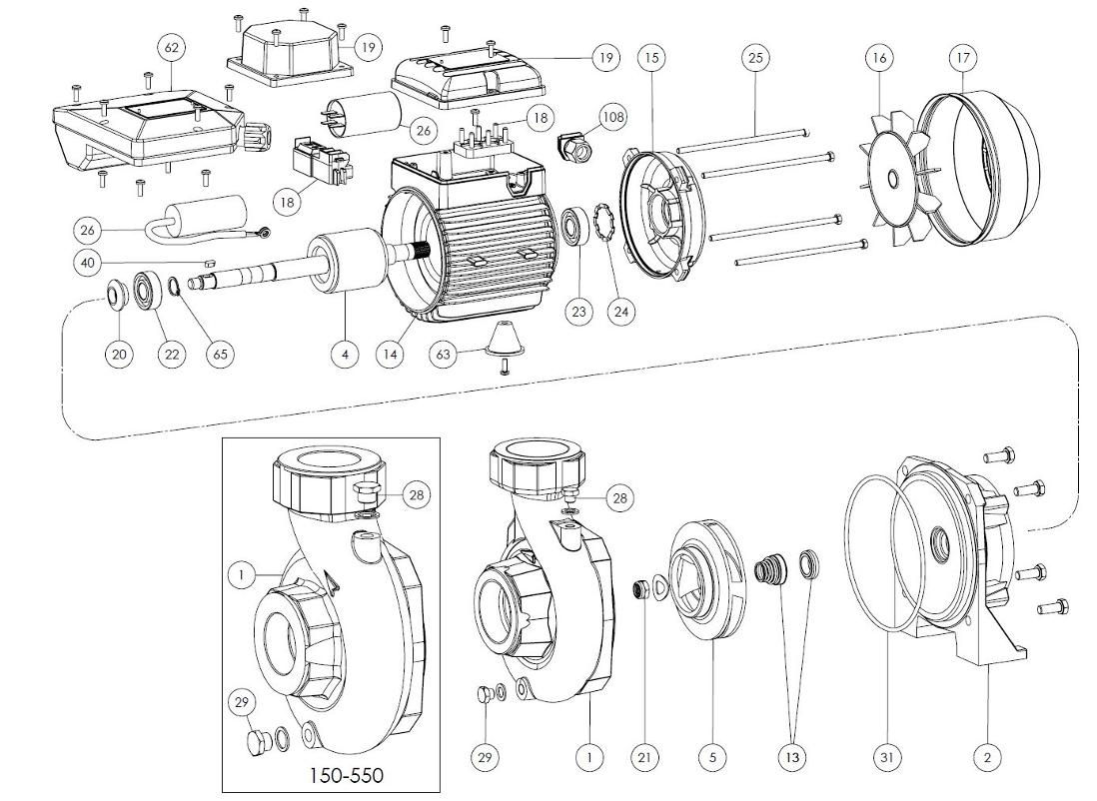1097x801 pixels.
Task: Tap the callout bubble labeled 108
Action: click(612, 118)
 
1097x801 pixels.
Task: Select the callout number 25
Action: click(755, 58)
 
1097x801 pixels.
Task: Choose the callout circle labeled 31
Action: click(886, 758)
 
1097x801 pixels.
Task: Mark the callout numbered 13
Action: click(792, 758)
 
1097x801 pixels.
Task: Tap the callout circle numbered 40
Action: click(88, 263)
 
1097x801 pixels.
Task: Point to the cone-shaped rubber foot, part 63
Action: click(508, 344)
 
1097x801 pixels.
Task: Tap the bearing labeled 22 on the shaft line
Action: click(151, 290)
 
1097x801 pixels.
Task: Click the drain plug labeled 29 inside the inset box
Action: click(256, 743)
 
